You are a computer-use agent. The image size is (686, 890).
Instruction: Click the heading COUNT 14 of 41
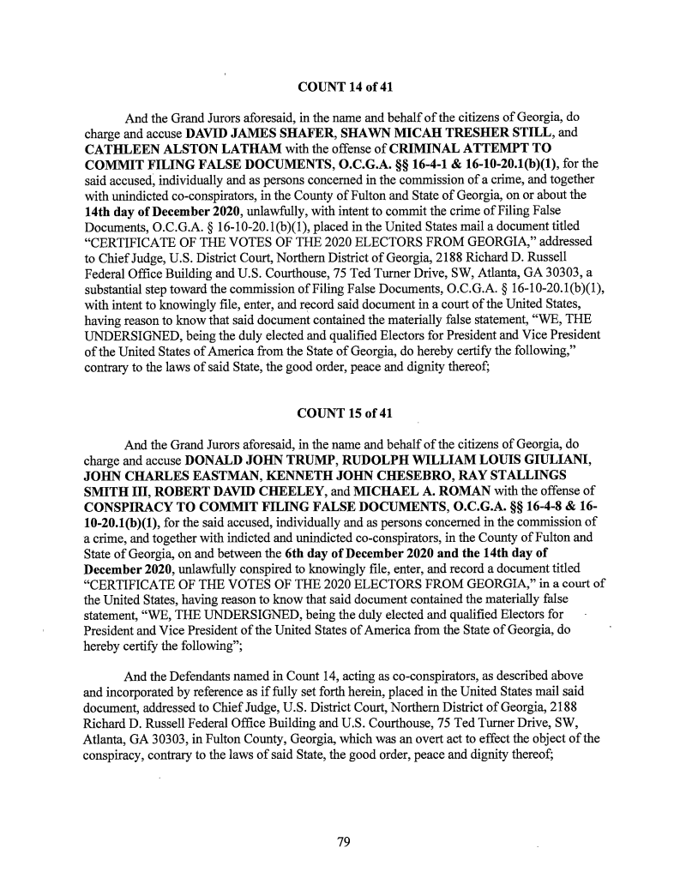(343, 87)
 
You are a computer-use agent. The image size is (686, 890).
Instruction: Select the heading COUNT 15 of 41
(343, 416)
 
